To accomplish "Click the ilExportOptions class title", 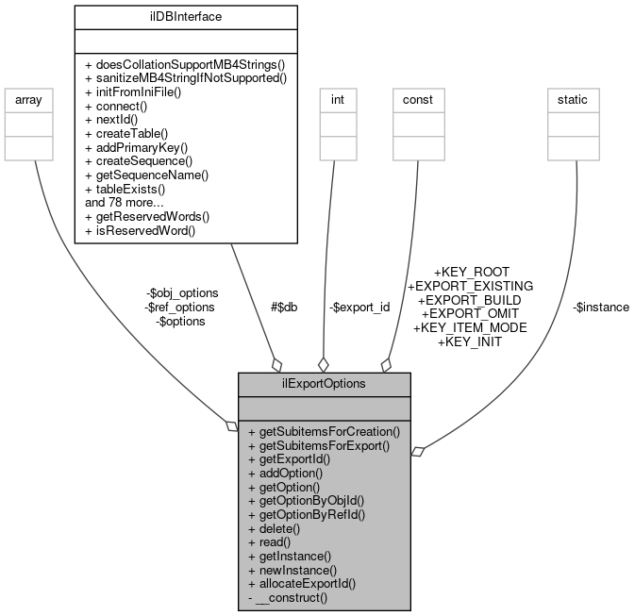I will click(x=324, y=384).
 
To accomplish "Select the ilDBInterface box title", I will click(x=186, y=16).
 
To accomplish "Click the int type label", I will click(x=337, y=99).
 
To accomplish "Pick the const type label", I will click(x=417, y=99).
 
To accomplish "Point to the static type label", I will click(x=574, y=99).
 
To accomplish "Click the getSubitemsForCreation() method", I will click(x=324, y=431).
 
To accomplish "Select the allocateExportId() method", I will click(x=301, y=583).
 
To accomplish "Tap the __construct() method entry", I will click(x=287, y=597).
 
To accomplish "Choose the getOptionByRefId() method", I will click(x=306, y=514).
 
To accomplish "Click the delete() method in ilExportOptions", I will click(x=273, y=528).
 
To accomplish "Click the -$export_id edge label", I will click(x=359, y=307).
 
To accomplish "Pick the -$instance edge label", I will click(x=600, y=307).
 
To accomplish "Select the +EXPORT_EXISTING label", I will click(x=470, y=285).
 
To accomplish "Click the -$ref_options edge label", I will click(x=179, y=307).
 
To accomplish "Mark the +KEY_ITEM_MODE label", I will click(x=470, y=327).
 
